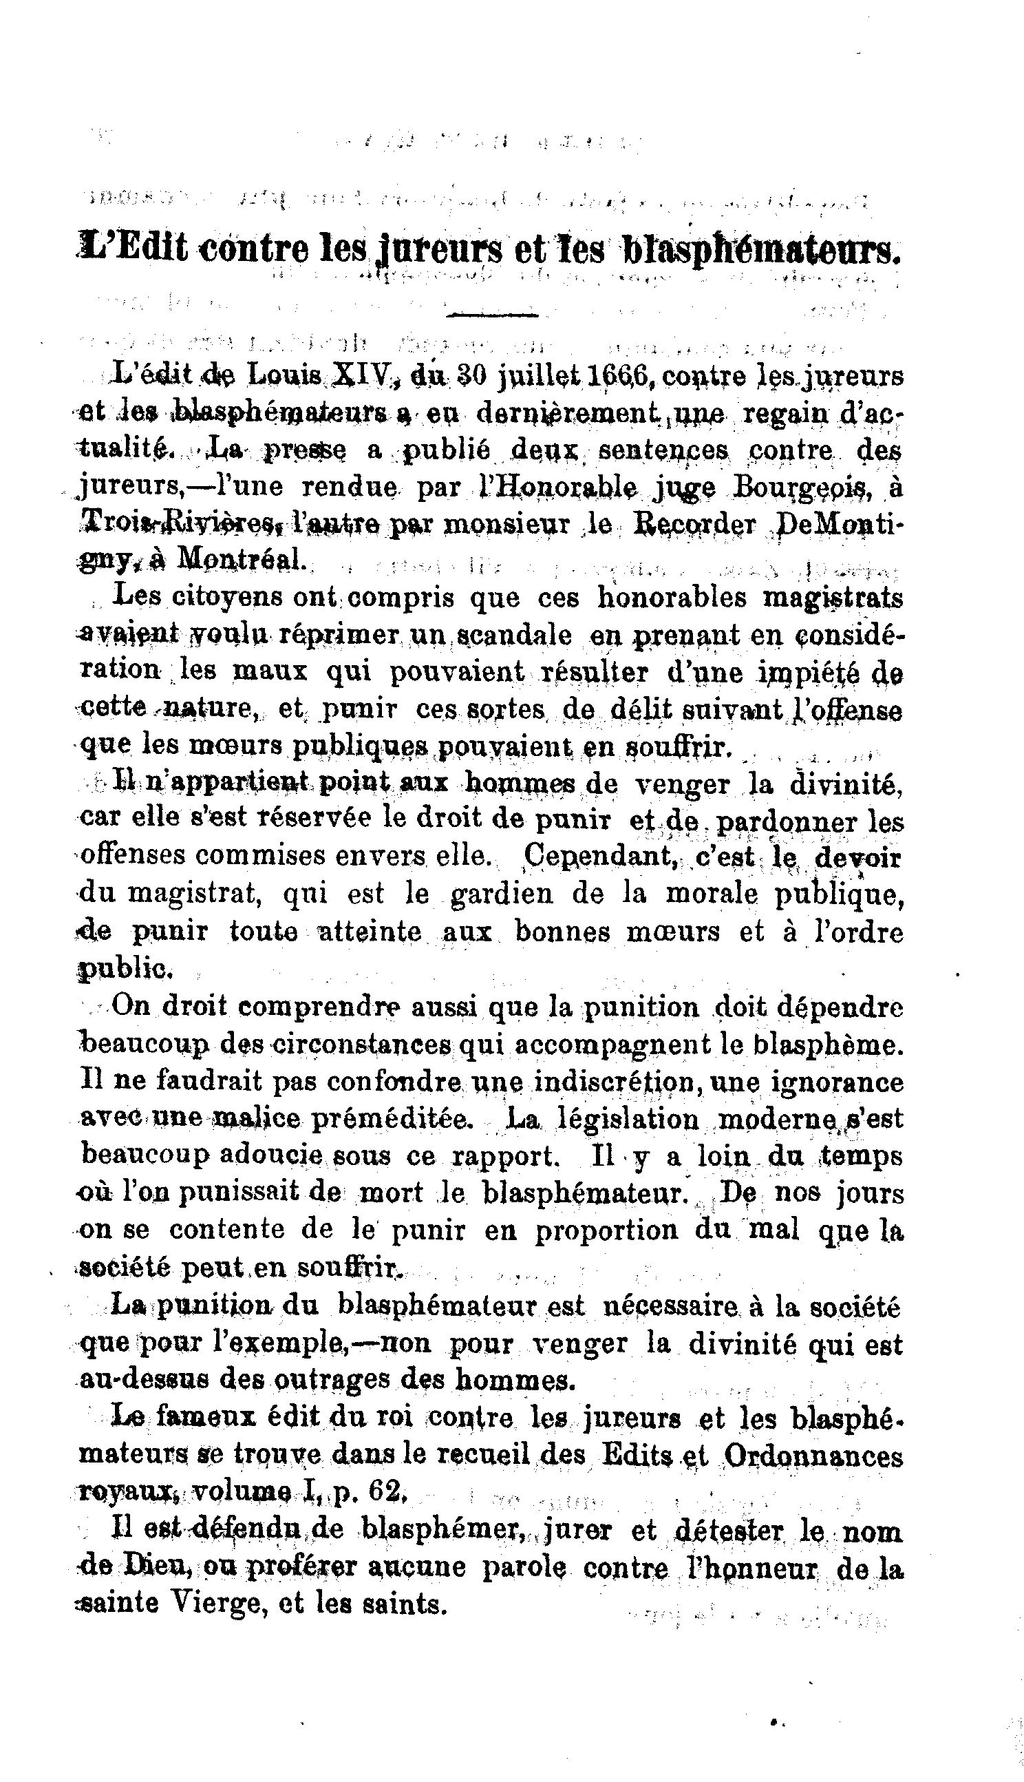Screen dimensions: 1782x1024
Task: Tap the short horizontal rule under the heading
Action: (x=492, y=315)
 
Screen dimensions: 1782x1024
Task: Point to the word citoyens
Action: (x=226, y=598)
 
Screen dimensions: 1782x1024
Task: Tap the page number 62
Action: (x=383, y=1493)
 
